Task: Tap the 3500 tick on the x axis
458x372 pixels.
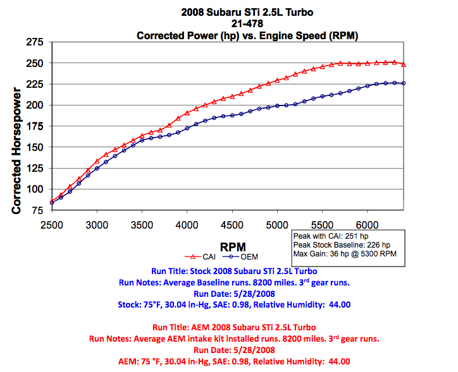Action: (142, 225)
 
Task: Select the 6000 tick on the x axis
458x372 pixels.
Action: (368, 225)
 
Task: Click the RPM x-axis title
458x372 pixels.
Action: (233, 246)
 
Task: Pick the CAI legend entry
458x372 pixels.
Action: (201, 256)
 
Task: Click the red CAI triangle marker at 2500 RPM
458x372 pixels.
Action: (52, 201)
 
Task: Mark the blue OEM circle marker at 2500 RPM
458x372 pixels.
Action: (52, 203)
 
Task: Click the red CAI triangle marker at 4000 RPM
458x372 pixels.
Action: (187, 112)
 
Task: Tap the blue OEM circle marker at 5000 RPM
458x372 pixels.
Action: (278, 105)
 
